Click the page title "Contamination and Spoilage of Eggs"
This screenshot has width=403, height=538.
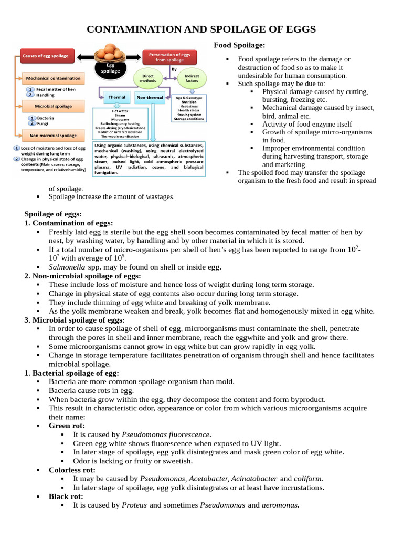[201, 29]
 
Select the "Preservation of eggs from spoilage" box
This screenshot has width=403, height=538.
[169, 57]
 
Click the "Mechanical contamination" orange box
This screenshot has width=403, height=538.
[54, 78]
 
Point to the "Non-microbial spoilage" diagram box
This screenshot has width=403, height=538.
[54, 135]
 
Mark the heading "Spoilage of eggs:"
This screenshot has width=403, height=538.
[53, 214]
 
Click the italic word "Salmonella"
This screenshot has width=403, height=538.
[67, 267]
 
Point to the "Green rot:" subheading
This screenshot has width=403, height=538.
[67, 426]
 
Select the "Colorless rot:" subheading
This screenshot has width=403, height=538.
[72, 470]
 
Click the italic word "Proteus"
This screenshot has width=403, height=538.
[134, 505]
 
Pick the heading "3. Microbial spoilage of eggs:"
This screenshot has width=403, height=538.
[74, 320]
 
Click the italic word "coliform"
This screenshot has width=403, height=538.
[308, 479]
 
